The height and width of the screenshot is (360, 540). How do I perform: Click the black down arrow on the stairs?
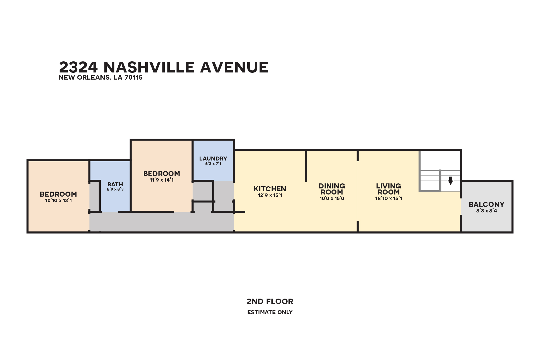click(x=451, y=181)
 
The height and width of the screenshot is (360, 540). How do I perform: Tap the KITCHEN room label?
click(x=270, y=189)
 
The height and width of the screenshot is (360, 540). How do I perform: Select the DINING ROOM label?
click(x=332, y=189)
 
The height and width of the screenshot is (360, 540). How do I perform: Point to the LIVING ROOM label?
click(x=389, y=189)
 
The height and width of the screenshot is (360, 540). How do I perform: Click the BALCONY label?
click(x=486, y=205)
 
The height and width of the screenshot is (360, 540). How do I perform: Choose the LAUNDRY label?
click(x=213, y=159)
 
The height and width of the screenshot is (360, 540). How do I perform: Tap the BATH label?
click(x=115, y=184)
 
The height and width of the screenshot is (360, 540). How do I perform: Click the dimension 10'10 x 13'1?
click(x=58, y=201)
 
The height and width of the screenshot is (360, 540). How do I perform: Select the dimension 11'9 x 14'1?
click(x=162, y=180)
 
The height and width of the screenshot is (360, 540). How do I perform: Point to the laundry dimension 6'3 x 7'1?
click(x=213, y=164)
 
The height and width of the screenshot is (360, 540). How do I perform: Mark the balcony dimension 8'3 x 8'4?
click(x=486, y=211)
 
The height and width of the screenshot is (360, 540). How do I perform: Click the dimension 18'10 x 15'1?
click(x=389, y=198)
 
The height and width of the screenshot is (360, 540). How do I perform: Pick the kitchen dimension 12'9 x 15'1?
click(x=270, y=195)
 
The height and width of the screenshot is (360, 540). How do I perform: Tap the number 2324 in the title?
click(x=78, y=67)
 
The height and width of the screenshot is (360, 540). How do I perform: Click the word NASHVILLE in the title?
click(x=149, y=67)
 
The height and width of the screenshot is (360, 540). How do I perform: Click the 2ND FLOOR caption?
click(x=270, y=301)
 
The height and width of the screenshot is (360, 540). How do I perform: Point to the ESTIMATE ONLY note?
click(x=270, y=312)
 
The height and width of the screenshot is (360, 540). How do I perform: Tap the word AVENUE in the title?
click(x=234, y=67)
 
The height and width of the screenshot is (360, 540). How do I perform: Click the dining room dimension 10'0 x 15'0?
click(x=332, y=198)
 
